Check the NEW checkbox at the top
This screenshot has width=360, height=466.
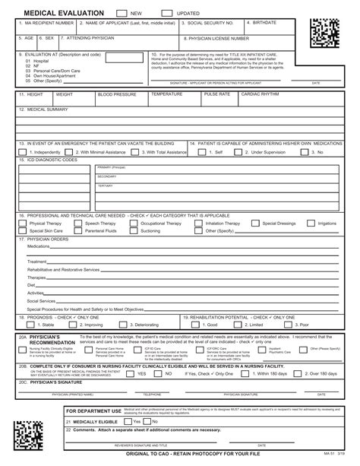(122, 13)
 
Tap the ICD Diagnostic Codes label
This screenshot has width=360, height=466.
(50, 160)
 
